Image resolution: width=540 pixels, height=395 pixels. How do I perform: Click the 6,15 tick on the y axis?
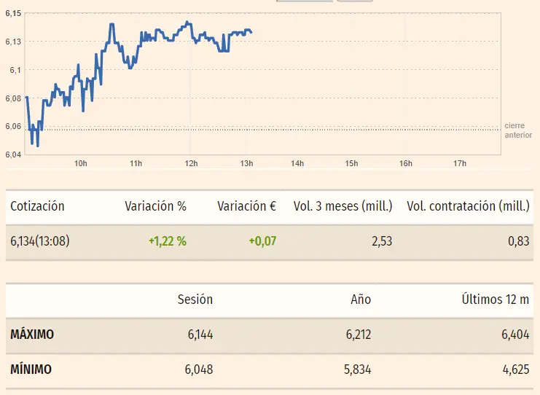tap(12, 14)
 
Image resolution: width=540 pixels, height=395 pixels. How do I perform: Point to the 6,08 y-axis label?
tap(12, 98)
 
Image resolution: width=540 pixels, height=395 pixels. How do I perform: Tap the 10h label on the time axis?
tap(80, 163)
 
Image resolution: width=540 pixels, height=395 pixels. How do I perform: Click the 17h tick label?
tap(460, 163)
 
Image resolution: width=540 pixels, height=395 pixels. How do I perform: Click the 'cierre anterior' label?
tap(518, 130)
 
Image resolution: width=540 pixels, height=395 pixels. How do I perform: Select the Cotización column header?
tap(37, 206)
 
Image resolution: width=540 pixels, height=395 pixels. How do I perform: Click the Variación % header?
tap(155, 206)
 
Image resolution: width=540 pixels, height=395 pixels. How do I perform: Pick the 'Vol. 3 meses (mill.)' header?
tap(343, 206)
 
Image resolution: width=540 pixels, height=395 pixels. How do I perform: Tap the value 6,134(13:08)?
tap(39, 241)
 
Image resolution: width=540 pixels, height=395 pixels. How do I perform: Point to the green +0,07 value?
tap(262, 241)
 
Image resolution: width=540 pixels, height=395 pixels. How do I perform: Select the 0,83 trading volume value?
tap(518, 241)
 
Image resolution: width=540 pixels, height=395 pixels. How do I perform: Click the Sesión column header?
tap(195, 299)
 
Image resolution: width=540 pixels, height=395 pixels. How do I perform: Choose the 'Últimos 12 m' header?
tap(496, 299)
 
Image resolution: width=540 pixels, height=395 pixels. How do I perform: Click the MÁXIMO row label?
tap(32, 335)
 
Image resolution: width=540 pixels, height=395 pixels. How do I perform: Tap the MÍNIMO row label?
tap(31, 369)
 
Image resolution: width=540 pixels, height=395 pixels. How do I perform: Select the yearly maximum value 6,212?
tap(356, 335)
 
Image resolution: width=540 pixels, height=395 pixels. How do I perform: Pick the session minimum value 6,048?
tap(199, 369)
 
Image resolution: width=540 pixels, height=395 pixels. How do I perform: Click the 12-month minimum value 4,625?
tap(514, 369)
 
